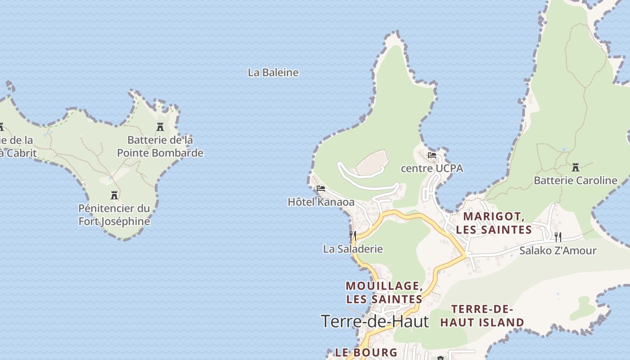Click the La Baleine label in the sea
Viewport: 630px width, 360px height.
point(273,72)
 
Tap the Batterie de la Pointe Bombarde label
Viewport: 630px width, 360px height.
point(160,146)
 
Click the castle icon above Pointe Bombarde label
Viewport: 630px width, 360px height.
point(160,127)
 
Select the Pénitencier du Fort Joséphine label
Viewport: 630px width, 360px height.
point(114,215)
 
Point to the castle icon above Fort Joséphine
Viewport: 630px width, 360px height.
point(114,195)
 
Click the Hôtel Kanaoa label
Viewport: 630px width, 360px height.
point(321,202)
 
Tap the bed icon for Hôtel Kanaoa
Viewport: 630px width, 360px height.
point(321,188)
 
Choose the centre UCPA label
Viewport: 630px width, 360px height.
point(432,168)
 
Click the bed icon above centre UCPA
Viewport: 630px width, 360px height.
point(432,155)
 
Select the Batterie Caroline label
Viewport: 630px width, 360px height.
point(575,180)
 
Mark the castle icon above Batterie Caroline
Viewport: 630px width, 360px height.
point(575,167)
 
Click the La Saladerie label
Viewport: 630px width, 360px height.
point(353,249)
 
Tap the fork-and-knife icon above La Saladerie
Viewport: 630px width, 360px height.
point(353,235)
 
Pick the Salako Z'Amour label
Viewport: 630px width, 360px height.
point(558,251)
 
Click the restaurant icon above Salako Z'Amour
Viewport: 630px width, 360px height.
point(558,237)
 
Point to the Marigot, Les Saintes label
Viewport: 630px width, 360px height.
point(494,223)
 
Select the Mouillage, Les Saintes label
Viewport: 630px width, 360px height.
point(384,292)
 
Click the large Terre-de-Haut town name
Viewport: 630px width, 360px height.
point(375,321)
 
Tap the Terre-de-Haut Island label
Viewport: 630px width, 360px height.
point(482,315)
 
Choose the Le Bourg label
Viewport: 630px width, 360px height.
point(366,352)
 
